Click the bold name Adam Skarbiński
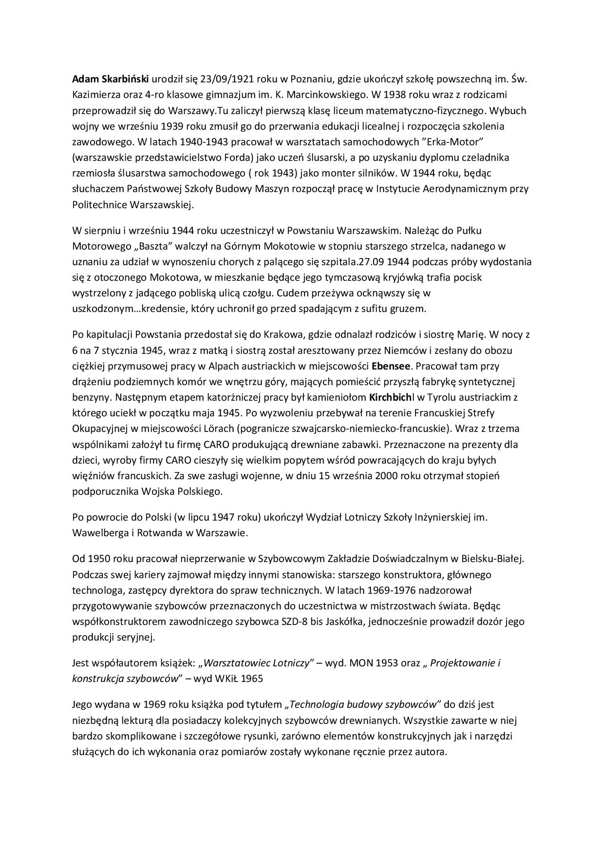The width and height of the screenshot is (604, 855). [111, 79]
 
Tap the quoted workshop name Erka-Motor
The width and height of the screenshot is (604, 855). [450, 142]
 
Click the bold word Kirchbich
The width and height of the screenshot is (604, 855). [391, 397]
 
